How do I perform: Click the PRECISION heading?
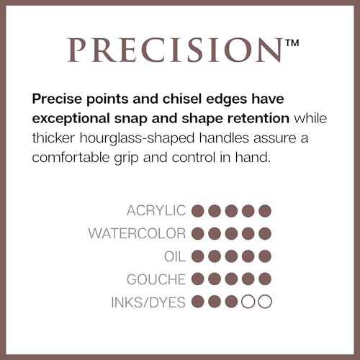tap(175, 50)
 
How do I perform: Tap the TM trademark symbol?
tap(292, 43)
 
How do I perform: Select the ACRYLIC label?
tap(156, 211)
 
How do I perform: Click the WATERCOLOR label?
tap(137, 233)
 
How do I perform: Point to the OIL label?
tap(175, 256)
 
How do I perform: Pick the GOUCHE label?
tap(156, 279)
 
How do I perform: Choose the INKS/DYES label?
tap(148, 302)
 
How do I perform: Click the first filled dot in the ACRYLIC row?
tap(198, 211)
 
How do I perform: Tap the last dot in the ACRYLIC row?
tap(265, 211)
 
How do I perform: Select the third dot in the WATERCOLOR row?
tap(231, 233)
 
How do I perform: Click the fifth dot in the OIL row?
tap(265, 256)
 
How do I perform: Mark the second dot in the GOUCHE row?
tap(215, 279)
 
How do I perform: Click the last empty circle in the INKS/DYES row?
tap(265, 302)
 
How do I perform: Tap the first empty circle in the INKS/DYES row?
tap(248, 302)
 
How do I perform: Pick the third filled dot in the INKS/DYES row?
tap(231, 302)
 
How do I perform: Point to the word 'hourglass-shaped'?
tap(137, 138)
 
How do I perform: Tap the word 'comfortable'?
tap(71, 158)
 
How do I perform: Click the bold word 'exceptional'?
tap(71, 119)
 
